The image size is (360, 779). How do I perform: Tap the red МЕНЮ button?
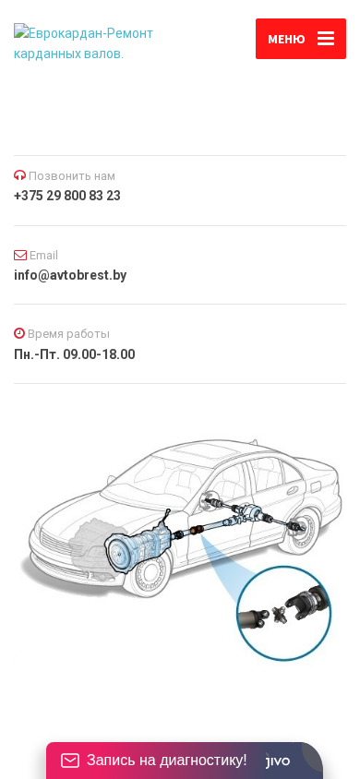point(300,39)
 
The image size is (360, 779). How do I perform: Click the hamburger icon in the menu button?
point(326,39)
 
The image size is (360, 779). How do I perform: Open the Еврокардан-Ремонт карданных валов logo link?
point(83,43)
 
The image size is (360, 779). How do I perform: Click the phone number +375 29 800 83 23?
point(67,196)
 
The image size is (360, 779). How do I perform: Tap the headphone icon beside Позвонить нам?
point(19,175)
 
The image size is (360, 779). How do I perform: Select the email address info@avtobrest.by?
point(70,275)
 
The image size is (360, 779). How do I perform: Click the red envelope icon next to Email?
point(20,256)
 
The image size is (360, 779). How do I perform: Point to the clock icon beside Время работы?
point(19,333)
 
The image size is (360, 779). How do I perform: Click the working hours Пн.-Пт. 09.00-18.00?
point(75,354)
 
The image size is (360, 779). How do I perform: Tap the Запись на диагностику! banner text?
point(167,760)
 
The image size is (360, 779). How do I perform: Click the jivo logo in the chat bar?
point(278,761)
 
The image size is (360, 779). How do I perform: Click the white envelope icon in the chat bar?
point(70,761)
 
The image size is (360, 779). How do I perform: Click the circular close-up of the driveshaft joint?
point(284,613)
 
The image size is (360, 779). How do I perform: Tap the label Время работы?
point(68,334)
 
